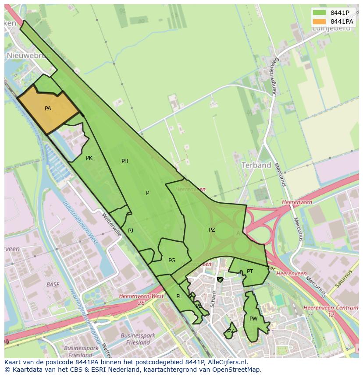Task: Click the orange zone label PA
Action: coord(48,108)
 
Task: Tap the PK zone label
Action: coord(89,158)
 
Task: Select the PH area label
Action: coord(125,161)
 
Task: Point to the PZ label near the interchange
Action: coord(212,229)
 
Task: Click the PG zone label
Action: coord(172,261)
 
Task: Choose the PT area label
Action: coord(250,271)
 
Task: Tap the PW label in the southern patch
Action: coord(253,319)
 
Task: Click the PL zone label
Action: coord(179,296)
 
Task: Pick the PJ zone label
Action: coord(131,230)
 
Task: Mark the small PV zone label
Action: coord(230,331)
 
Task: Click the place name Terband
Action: coord(256,165)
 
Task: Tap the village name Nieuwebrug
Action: coord(29,56)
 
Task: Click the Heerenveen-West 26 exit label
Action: coord(141,299)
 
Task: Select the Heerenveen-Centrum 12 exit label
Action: coord(331,311)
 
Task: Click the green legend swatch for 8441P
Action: coord(319,13)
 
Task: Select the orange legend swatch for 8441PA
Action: coord(319,21)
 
